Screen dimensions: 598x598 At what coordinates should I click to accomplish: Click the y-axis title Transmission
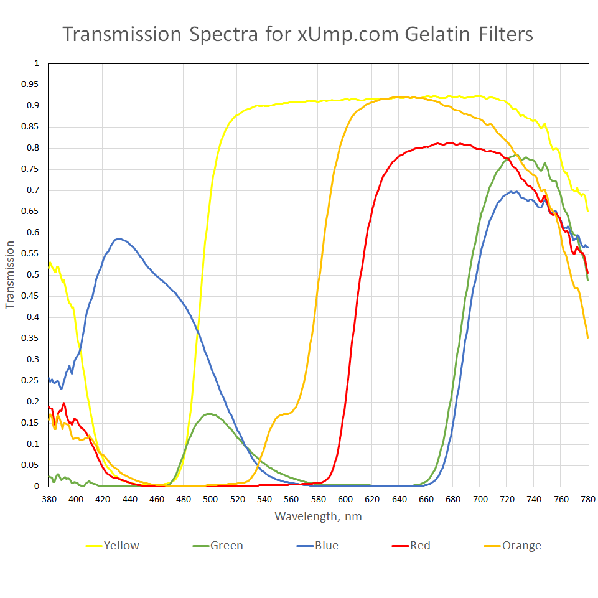tap(9, 275)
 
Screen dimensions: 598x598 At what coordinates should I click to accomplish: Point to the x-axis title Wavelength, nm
tap(318, 516)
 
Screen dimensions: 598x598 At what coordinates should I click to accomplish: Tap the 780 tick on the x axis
tap(588, 499)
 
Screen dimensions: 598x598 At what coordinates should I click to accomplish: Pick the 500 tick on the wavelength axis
tap(210, 499)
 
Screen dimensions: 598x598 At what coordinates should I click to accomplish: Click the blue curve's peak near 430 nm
tap(118, 238)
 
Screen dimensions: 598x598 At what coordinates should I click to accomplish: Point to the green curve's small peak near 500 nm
tap(209, 414)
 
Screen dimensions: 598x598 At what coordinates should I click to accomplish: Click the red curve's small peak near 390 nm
tap(63, 403)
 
